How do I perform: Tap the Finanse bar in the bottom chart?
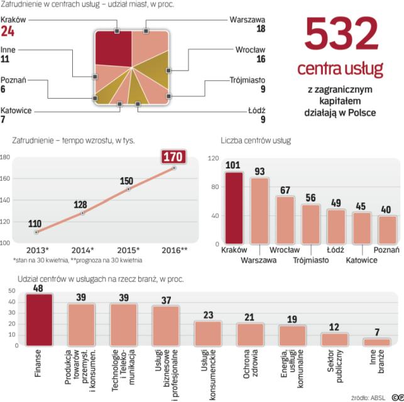(39, 319)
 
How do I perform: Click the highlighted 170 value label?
(174, 155)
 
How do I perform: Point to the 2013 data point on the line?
(36, 232)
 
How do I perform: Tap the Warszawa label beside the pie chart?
(248, 19)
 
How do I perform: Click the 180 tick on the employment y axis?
(5, 157)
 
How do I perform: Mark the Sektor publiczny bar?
(334, 339)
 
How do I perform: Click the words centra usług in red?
(344, 68)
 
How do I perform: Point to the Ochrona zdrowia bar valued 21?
(250, 334)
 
